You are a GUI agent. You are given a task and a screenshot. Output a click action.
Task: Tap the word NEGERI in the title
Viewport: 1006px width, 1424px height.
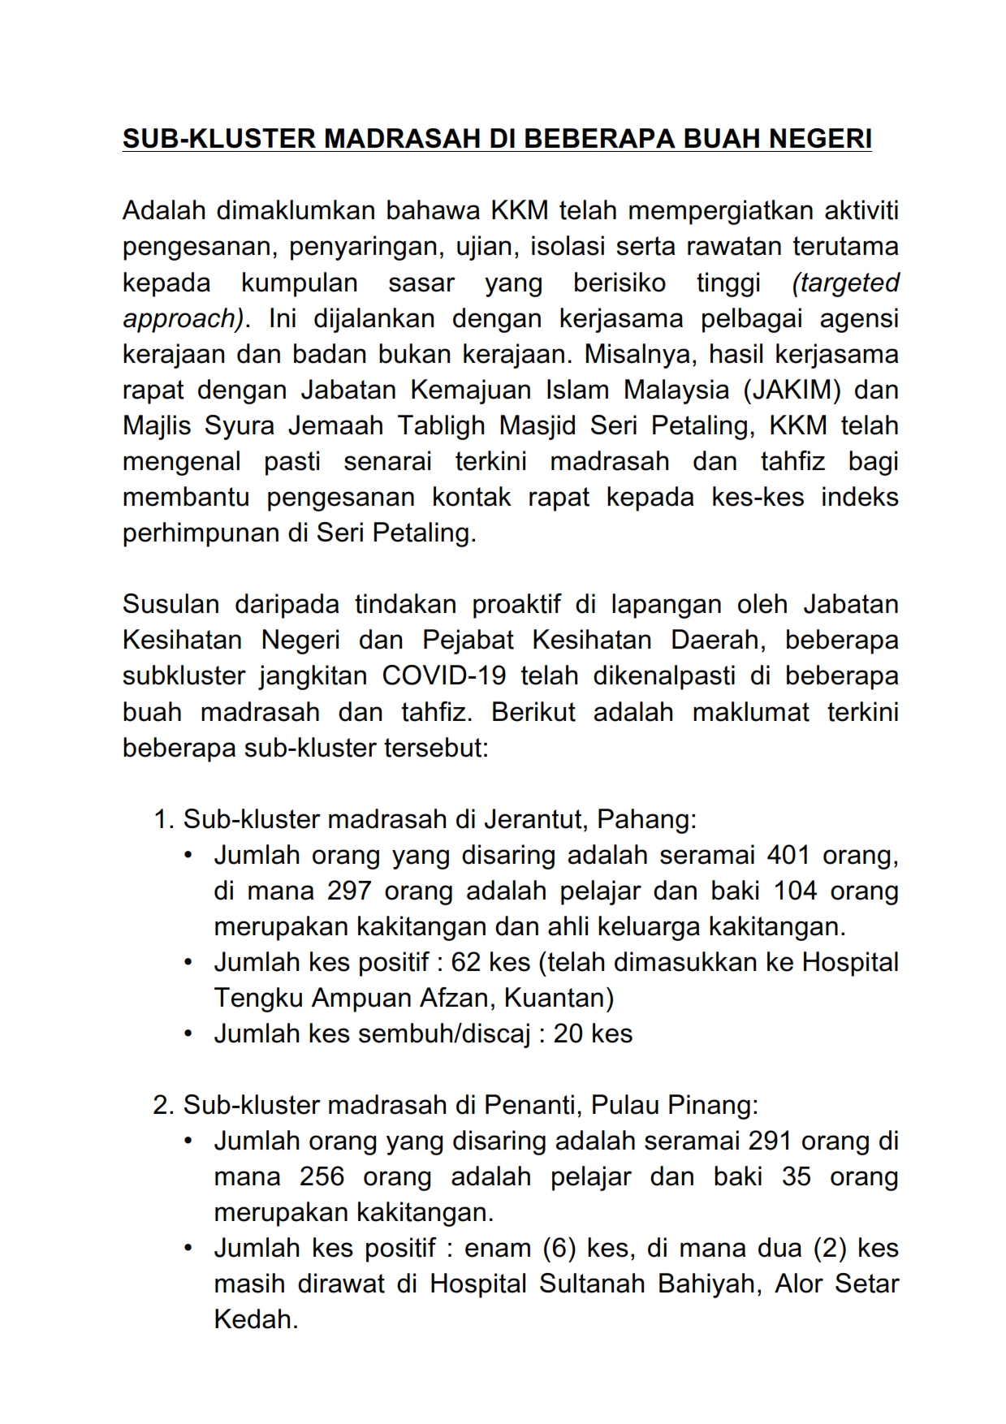point(819,139)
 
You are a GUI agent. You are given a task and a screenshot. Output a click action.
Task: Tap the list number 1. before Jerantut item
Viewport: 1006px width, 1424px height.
point(164,819)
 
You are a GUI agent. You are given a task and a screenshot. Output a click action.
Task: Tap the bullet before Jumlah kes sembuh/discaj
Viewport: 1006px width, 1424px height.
point(188,1033)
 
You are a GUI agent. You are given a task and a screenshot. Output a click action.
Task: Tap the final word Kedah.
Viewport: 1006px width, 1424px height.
point(256,1319)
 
